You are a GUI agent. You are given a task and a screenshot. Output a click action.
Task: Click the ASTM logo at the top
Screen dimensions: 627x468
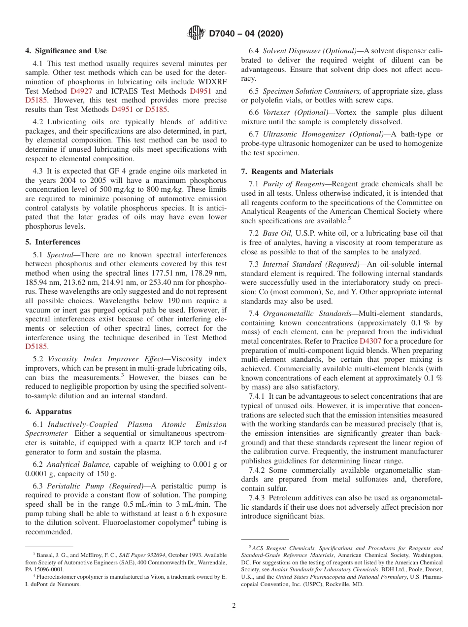click(x=197, y=34)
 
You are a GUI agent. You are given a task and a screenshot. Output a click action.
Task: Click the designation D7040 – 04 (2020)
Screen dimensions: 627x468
click(x=246, y=34)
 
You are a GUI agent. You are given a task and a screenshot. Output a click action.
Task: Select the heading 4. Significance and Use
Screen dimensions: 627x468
click(x=66, y=51)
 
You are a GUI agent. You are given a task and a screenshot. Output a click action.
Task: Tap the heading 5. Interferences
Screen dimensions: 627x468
click(x=53, y=242)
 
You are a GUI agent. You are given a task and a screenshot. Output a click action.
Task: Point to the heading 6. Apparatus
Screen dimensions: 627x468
click(x=48, y=412)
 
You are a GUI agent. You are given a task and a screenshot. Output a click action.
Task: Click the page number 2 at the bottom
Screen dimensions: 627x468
click(x=234, y=606)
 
